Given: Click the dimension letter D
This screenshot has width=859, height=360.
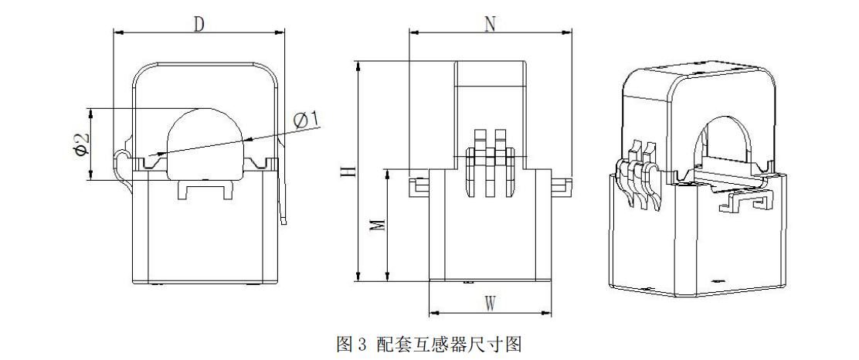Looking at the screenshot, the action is click(x=199, y=24).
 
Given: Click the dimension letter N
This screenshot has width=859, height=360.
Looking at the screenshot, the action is click(x=491, y=24).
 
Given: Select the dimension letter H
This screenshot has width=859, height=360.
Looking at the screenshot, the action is click(x=346, y=171).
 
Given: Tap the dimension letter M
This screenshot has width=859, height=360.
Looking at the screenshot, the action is click(x=377, y=226).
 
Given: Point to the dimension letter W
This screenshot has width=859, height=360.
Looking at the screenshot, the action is click(x=491, y=304).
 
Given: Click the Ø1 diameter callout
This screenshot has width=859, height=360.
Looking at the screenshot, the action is click(x=306, y=121).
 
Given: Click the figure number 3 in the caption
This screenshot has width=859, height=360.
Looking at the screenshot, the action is click(x=361, y=345).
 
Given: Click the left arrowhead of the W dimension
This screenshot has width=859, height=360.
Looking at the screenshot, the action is click(x=433, y=314).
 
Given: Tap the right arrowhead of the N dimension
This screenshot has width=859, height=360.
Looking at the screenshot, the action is click(x=568, y=33).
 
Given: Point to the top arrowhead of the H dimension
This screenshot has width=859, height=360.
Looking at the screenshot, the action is click(x=358, y=65).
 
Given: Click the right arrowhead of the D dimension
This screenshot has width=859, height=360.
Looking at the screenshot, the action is click(x=280, y=33).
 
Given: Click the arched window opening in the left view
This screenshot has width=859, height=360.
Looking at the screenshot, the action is click(x=205, y=144).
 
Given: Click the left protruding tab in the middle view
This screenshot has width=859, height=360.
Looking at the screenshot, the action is click(x=419, y=185).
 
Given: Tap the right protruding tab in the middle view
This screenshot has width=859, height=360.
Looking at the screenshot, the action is click(x=561, y=185).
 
